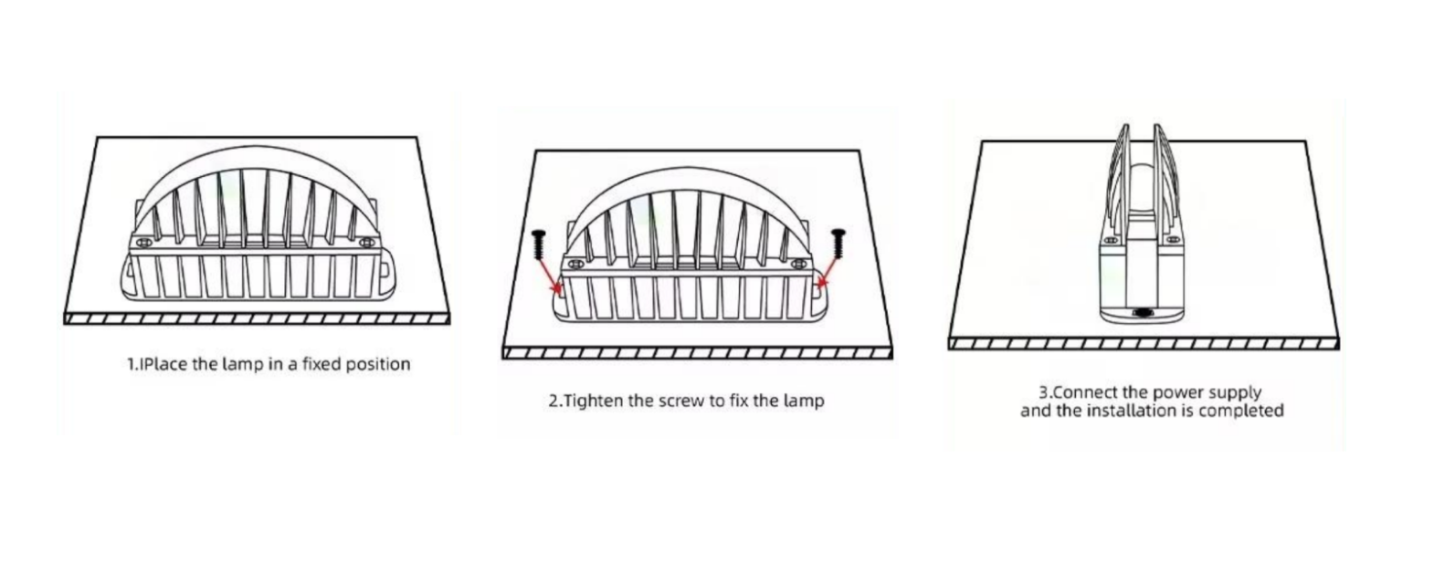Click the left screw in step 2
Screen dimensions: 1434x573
538,245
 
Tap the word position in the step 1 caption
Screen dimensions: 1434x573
378,365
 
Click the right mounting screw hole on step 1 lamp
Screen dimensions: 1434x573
366,243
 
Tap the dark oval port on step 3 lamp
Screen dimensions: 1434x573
1142,313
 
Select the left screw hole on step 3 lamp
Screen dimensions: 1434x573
1112,241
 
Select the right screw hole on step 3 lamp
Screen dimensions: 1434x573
1173,240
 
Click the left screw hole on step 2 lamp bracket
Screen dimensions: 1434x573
576,264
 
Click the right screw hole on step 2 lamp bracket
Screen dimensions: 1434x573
798,264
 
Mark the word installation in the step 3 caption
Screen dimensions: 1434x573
1133,411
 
